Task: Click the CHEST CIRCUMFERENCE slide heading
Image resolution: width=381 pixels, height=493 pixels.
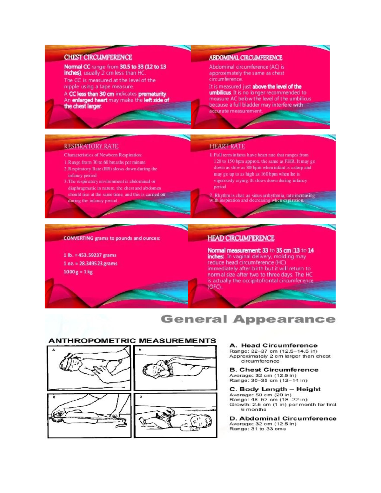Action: click(98, 57)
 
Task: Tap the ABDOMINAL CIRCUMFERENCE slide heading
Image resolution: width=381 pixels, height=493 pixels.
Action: click(245, 58)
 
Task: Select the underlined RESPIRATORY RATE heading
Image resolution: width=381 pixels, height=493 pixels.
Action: click(91, 146)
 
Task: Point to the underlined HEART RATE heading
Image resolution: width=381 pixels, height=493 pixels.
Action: click(227, 146)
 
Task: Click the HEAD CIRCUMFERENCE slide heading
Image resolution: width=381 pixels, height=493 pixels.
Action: click(241, 238)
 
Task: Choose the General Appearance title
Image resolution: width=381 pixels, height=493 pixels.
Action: click(248, 319)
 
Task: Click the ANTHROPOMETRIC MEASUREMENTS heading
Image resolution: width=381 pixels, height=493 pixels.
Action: click(132, 341)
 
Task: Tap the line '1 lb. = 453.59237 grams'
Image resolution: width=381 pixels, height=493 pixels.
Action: click(90, 255)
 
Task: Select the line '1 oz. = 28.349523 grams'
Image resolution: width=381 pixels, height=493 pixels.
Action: click(90, 263)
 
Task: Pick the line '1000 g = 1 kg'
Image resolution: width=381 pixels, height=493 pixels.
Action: click(78, 272)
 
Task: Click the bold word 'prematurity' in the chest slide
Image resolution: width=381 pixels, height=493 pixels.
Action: click(152, 94)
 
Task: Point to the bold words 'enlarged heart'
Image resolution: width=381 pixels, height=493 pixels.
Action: click(90, 100)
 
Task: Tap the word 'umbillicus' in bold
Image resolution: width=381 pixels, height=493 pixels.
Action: click(220, 93)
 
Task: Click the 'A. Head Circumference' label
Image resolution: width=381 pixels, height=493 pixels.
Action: click(273, 345)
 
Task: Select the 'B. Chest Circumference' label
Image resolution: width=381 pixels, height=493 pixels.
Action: click(274, 370)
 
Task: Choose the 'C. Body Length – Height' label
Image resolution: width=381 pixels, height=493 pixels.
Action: click(275, 389)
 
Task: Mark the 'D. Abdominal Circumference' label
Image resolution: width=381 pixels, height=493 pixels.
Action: click(283, 419)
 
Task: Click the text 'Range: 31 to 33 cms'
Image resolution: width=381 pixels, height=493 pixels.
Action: click(257, 429)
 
